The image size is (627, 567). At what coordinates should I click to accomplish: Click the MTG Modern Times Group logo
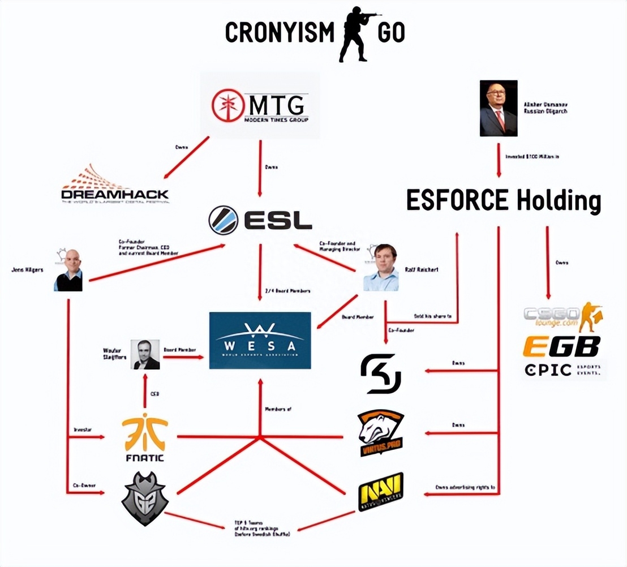click(x=260, y=106)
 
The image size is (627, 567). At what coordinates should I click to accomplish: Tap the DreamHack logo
click(x=115, y=186)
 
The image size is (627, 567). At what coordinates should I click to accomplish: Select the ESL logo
click(x=260, y=220)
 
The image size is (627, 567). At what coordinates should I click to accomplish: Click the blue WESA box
click(x=260, y=340)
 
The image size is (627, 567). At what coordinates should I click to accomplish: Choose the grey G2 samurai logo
click(x=145, y=498)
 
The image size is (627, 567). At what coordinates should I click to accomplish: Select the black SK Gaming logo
click(x=381, y=373)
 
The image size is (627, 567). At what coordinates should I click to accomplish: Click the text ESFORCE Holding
click(x=503, y=201)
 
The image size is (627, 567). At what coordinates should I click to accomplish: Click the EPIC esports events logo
click(x=561, y=371)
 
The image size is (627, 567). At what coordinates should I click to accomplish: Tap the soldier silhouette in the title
click(x=355, y=33)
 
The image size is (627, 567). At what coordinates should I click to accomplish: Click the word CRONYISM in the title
click(x=280, y=33)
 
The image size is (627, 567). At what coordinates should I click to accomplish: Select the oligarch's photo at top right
click(x=499, y=109)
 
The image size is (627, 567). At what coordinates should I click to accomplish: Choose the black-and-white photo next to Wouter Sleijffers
click(x=145, y=355)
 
